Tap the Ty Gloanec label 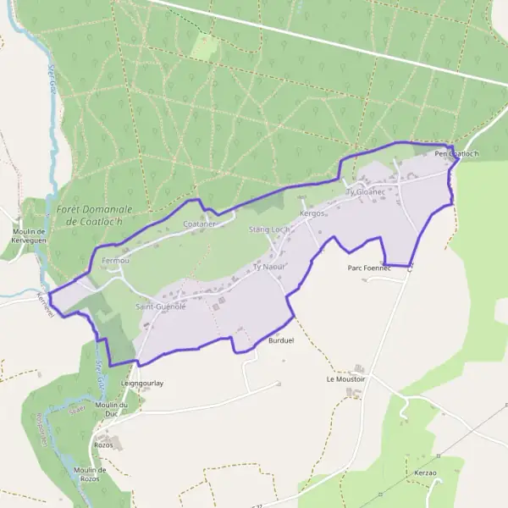(366, 192)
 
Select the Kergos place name (312, 213)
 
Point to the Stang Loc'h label (269, 229)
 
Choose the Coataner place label (201, 224)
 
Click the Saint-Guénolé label (160, 306)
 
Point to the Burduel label (280, 340)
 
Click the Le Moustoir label (345, 379)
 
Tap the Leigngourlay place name (141, 383)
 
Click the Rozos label (103, 444)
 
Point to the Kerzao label (426, 472)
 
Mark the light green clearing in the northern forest (203, 46)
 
